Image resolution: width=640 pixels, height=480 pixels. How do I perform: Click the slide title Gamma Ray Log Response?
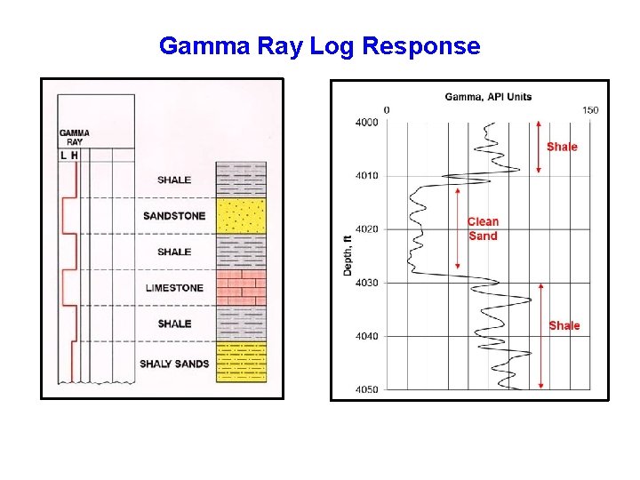click(319, 46)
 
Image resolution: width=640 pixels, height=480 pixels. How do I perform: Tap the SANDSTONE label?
click(174, 216)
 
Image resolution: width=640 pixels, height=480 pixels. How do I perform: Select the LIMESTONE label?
click(174, 288)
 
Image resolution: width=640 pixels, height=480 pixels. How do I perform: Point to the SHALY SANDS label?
click(174, 364)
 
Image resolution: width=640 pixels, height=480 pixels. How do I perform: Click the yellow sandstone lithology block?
click(241, 216)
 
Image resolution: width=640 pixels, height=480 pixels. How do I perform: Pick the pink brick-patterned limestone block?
click(241, 288)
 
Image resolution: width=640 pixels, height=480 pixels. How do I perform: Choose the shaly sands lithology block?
click(241, 363)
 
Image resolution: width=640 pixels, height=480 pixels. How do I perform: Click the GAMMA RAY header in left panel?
click(75, 138)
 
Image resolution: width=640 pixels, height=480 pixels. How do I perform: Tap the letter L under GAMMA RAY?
click(63, 156)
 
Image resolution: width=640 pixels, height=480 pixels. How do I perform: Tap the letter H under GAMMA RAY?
click(75, 156)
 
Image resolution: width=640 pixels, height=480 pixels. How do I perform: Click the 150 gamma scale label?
click(590, 110)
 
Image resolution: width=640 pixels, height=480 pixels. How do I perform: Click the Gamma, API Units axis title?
click(488, 96)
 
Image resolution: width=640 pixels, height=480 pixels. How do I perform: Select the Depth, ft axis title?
click(348, 254)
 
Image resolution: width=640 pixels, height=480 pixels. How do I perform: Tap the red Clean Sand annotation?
click(484, 228)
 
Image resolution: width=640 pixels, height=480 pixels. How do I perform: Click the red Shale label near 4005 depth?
click(562, 147)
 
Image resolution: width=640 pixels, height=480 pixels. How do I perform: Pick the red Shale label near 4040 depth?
click(564, 325)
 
